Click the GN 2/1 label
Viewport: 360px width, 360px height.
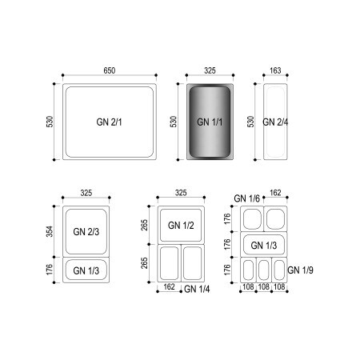click(109, 122)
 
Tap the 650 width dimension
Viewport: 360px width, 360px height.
click(110, 70)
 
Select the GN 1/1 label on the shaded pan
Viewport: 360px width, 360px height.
click(210, 122)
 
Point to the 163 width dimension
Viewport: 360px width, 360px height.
click(275, 70)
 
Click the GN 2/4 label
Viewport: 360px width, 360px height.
click(275, 122)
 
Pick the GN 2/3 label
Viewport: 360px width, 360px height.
click(86, 231)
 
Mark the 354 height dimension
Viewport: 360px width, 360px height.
click(50, 231)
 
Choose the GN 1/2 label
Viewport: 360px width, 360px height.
click(181, 226)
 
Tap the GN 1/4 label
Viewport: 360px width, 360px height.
click(197, 289)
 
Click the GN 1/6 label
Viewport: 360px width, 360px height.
click(246, 198)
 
